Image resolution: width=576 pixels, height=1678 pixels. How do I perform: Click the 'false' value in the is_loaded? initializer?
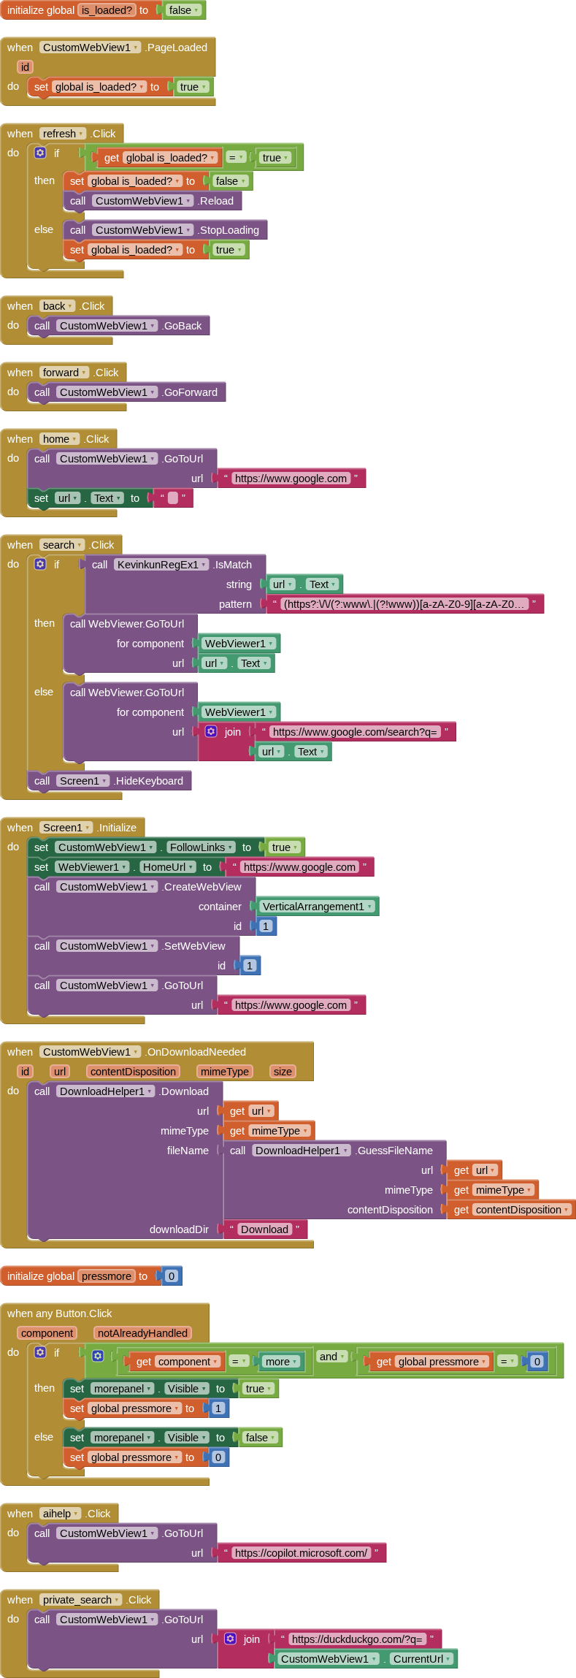(183, 10)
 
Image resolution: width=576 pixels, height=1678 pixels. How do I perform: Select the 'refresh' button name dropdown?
(63, 134)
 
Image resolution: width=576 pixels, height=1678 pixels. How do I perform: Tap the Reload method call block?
(216, 201)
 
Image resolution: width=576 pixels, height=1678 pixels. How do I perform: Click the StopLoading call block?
(229, 230)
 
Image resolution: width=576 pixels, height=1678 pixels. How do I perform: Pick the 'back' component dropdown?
(57, 306)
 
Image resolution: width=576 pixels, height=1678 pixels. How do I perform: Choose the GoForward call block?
(190, 392)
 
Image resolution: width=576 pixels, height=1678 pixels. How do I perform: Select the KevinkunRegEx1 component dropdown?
(161, 565)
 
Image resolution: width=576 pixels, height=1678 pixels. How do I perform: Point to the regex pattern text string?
(404, 604)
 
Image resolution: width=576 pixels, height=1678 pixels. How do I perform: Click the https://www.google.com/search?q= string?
(355, 732)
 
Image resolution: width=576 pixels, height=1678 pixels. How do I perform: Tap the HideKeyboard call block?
(149, 781)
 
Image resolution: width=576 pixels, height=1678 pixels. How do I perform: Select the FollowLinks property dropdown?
(201, 847)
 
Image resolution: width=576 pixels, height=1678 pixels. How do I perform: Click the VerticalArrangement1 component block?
(317, 907)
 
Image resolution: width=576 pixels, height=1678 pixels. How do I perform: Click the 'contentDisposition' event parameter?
(133, 1072)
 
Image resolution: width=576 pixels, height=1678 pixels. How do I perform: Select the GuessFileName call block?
(394, 1151)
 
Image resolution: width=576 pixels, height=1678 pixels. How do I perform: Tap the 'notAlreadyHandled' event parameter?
(143, 1333)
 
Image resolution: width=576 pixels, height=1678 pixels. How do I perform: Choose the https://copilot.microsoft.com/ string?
(301, 1553)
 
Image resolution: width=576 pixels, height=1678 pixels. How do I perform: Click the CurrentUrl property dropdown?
(422, 1659)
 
